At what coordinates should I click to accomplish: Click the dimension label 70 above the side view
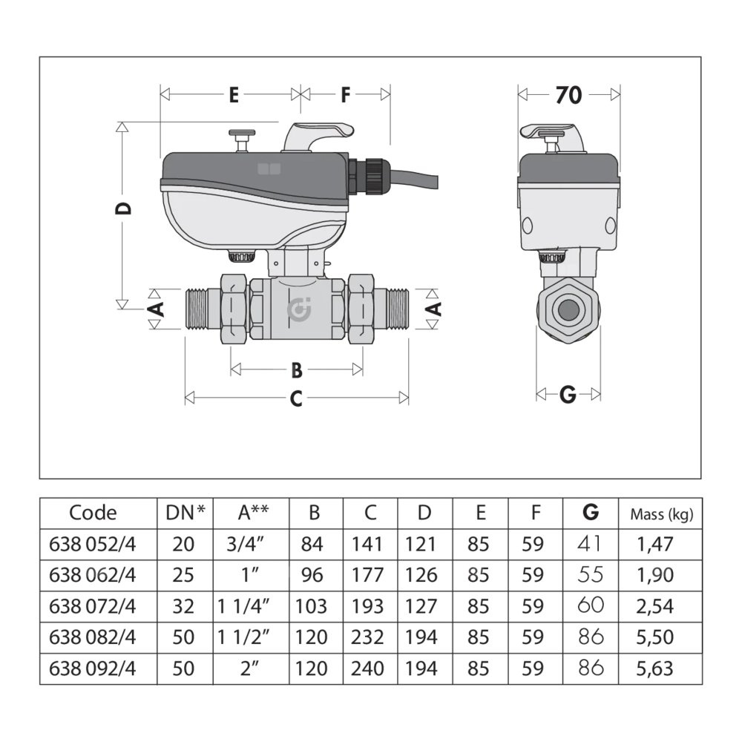click(568, 95)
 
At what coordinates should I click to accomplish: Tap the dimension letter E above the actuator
click(234, 95)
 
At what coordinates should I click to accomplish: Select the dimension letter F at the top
click(346, 95)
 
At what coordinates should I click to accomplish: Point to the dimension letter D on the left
click(123, 209)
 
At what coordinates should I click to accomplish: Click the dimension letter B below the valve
click(297, 370)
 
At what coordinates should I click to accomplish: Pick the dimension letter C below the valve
click(296, 398)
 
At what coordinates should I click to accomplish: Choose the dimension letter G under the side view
click(568, 394)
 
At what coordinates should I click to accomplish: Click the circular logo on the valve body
click(299, 310)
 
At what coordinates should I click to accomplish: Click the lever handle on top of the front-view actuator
click(318, 137)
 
